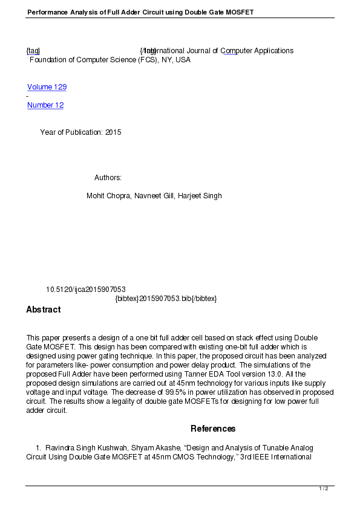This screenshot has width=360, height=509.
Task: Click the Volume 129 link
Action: [47, 87]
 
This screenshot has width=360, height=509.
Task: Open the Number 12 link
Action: [45, 105]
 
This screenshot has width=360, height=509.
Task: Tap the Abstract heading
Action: [43, 310]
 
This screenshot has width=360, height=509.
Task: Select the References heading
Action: [213, 429]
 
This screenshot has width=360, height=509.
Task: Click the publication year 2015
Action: [113, 132]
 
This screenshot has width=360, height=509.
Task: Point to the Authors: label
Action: [108, 178]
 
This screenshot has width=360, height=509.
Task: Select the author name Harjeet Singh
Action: [200, 196]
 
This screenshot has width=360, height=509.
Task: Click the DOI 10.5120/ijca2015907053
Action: [86, 290]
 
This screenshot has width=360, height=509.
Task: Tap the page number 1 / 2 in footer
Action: [324, 488]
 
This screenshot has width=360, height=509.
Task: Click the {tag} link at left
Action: [33, 51]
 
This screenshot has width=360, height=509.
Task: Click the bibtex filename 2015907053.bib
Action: [165, 299]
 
